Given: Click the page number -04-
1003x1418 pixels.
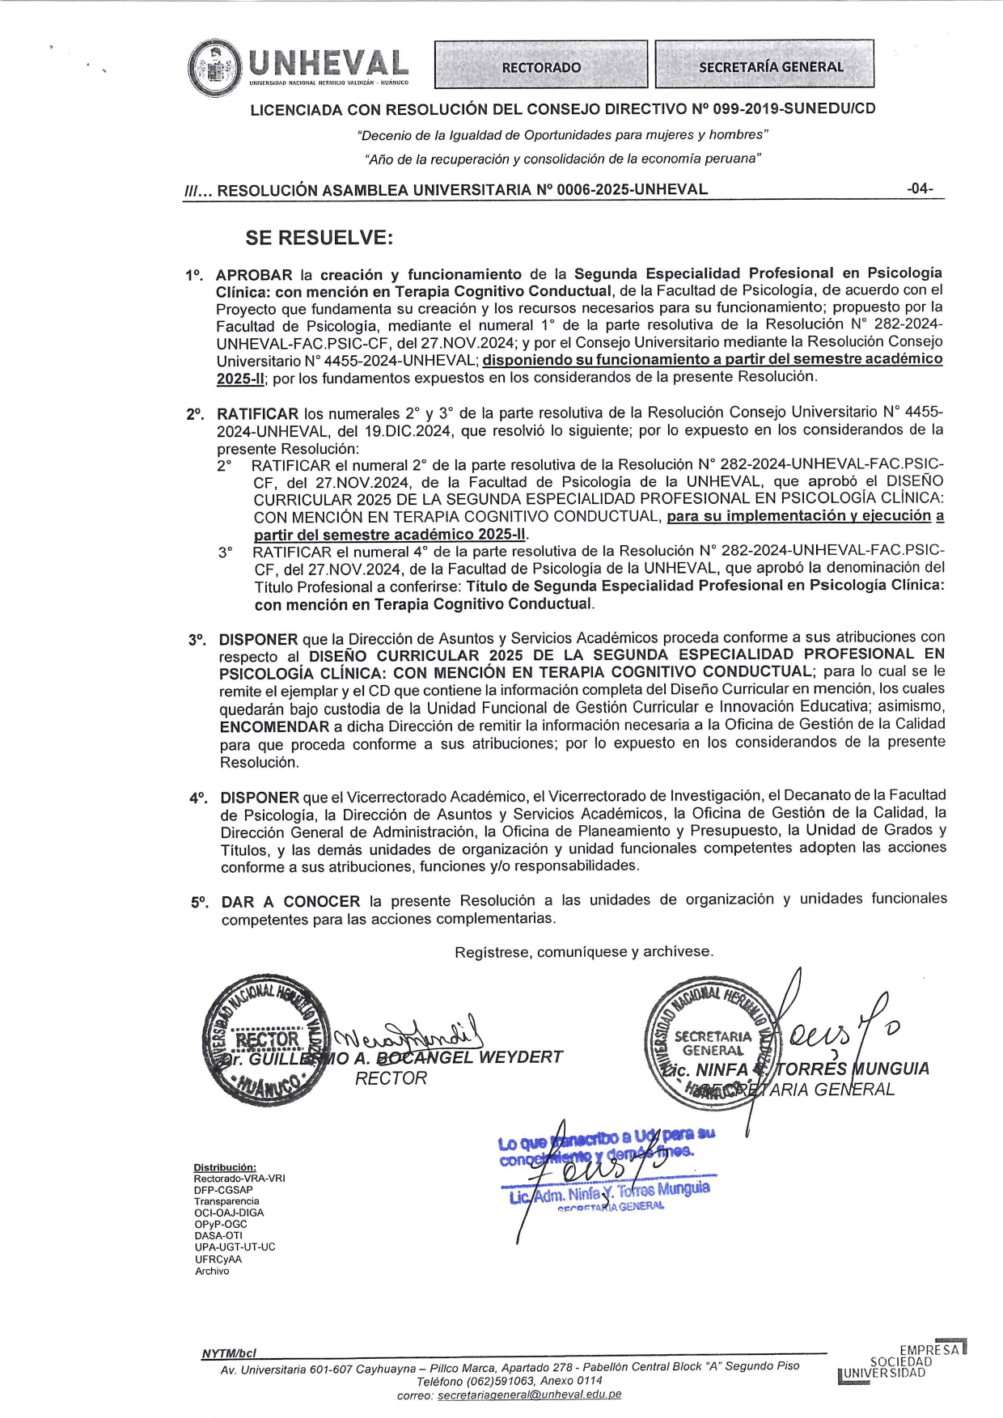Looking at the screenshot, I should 920,188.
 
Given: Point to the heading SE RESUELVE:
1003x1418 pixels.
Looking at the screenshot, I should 320,238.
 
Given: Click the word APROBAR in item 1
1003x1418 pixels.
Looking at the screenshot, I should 253,275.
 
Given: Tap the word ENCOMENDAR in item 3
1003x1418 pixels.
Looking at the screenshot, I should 274,726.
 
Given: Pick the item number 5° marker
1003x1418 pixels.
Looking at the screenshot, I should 200,902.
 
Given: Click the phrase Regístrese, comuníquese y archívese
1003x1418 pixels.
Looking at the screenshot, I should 584,952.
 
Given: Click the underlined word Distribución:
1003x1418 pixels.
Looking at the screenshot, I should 225,1167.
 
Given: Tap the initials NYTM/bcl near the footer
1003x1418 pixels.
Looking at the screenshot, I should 228,1353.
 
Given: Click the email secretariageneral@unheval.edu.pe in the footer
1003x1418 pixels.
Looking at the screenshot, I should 529,1395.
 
